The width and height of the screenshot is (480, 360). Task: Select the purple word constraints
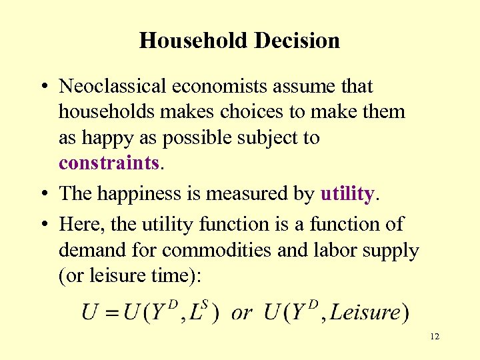[109, 163]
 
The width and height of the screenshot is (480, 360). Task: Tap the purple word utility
[347, 193]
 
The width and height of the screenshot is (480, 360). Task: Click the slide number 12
[435, 337]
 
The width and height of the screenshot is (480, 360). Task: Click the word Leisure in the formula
[365, 313]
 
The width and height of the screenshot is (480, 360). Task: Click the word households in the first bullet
[103, 111]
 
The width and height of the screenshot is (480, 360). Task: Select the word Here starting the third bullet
[79, 224]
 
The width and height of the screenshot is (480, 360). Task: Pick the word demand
[90, 251]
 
